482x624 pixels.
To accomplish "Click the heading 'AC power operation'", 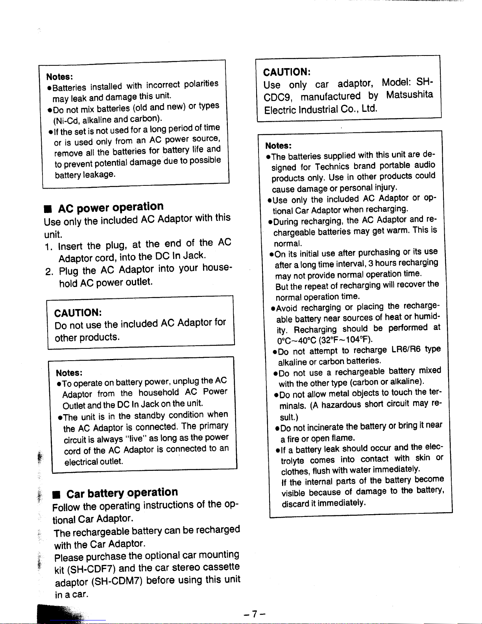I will tap(110, 207).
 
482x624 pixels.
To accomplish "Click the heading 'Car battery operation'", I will tap(122, 493).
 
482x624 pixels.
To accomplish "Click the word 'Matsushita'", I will tap(409, 95).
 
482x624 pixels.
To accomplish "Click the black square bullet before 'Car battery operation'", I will tap(57, 494).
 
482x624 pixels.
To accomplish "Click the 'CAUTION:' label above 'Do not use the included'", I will tap(78, 313).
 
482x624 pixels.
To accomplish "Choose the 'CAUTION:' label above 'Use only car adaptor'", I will tap(287, 72).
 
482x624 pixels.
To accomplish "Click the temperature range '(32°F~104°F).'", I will tap(346, 339).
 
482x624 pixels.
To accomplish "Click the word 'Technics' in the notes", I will tap(332, 167).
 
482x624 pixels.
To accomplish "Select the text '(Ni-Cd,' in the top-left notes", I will tap(66, 120).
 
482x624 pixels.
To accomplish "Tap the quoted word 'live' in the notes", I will tap(137, 438).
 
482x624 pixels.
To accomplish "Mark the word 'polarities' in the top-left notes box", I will tap(201, 83).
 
